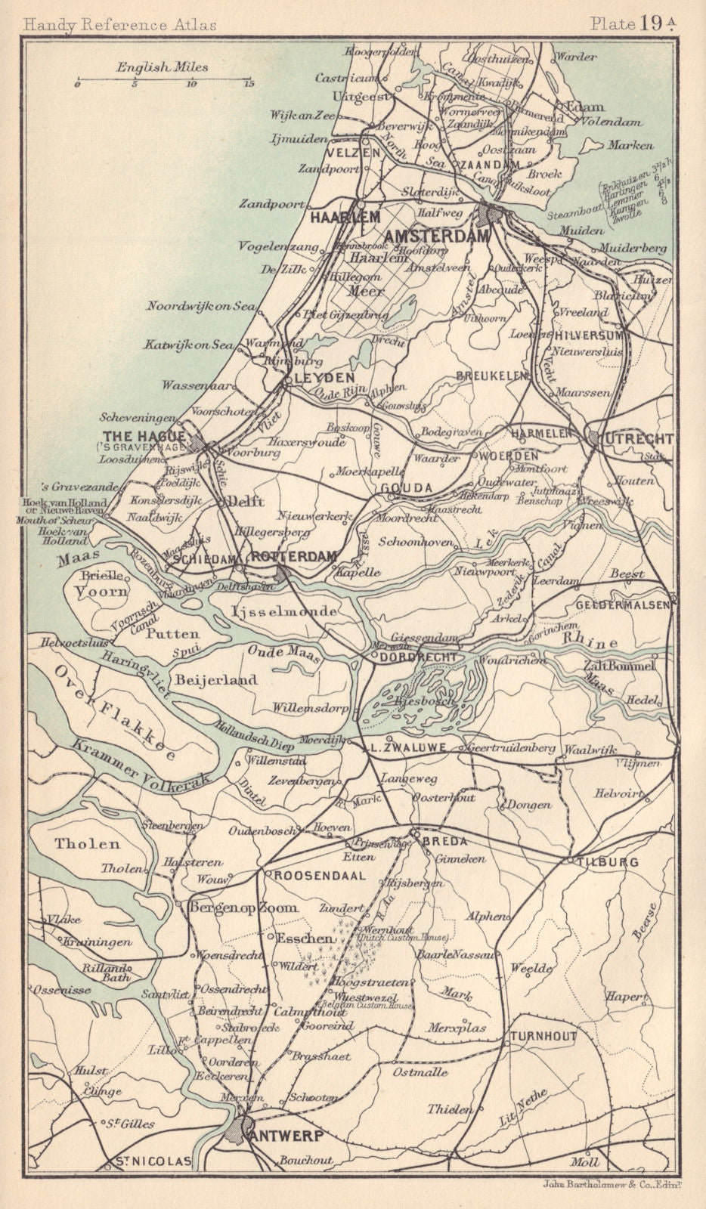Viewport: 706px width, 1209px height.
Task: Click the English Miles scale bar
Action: (163, 79)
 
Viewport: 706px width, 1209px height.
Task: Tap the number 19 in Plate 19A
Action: (653, 23)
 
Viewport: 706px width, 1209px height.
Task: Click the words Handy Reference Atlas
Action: (119, 24)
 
